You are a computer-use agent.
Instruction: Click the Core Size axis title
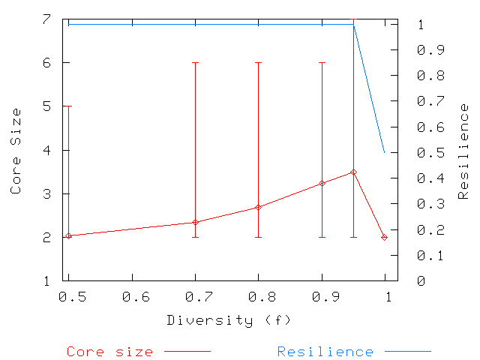click(16, 151)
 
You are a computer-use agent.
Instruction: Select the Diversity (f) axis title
click(228, 320)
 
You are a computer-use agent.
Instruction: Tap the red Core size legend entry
click(109, 351)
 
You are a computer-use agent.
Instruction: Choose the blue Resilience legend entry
click(325, 351)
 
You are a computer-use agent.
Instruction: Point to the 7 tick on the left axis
click(46, 19)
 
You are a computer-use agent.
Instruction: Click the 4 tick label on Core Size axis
click(46, 150)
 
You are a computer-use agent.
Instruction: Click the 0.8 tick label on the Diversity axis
click(259, 297)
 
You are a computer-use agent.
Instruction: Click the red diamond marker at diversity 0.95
click(353, 172)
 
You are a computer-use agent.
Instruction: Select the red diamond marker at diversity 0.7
click(195, 222)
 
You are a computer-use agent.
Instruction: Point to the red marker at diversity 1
click(385, 237)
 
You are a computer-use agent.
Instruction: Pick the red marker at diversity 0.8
click(259, 207)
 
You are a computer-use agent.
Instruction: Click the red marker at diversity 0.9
click(322, 183)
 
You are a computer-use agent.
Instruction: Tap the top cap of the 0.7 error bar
click(195, 63)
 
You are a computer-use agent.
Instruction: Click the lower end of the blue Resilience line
click(385, 152)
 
